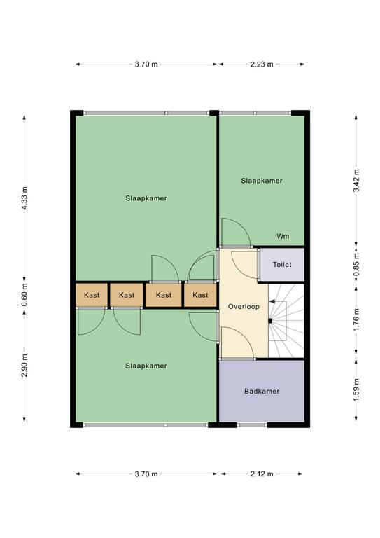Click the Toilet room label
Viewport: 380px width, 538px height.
pyautogui.click(x=282, y=265)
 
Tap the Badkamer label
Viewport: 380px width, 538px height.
pyautogui.click(x=262, y=391)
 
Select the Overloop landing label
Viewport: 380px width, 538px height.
pyautogui.click(x=244, y=306)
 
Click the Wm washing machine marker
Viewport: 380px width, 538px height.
pyautogui.click(x=283, y=236)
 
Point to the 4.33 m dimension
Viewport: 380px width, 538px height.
pyautogui.click(x=24, y=198)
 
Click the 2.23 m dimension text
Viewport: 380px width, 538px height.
pyautogui.click(x=262, y=64)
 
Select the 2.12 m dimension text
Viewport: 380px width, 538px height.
pyautogui.click(x=262, y=474)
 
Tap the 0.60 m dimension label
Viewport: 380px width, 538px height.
pyautogui.click(x=24, y=295)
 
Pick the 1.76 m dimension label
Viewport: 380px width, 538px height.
pyautogui.click(x=356, y=319)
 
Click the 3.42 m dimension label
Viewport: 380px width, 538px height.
pyautogui.click(x=356, y=181)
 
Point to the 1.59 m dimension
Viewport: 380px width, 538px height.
pyautogui.click(x=356, y=390)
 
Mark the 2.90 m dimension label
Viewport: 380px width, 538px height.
pyautogui.click(x=24, y=365)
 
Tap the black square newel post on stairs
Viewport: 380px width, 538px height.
pyautogui.click(x=270, y=321)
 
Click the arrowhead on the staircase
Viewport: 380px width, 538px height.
pyautogui.click(x=272, y=301)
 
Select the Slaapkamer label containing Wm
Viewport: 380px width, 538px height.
pyautogui.click(x=262, y=181)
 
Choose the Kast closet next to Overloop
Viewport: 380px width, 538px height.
pyautogui.click(x=200, y=295)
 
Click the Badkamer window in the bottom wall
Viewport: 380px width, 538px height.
pyautogui.click(x=252, y=425)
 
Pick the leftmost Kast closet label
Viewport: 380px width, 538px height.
pyautogui.click(x=92, y=295)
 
